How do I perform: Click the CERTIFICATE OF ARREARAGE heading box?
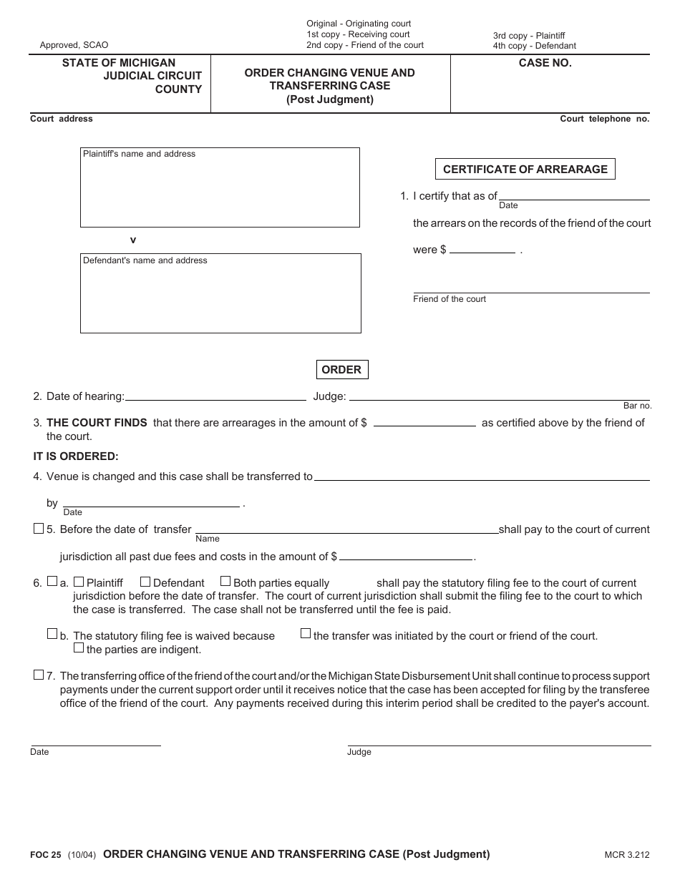pos(525,170)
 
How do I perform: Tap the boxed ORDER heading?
pos(341,370)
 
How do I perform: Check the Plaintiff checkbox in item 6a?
pos(79,582)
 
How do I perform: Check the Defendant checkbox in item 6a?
pos(145,582)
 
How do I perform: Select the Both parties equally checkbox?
pos(225,582)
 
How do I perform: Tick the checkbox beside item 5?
pos(39,529)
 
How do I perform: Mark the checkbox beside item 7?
pos(39,675)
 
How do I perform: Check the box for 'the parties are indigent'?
pos(79,648)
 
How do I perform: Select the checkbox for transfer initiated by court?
pos(306,633)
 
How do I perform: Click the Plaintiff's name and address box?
pos(220,187)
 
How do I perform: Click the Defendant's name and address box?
pos(220,293)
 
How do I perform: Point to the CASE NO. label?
pos(545,63)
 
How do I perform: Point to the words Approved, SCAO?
pos(74,45)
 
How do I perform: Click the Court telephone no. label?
pos(604,119)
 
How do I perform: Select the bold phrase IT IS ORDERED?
pos(76,456)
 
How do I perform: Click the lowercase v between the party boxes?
pos(132,240)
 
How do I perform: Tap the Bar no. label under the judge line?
pos(637,406)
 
